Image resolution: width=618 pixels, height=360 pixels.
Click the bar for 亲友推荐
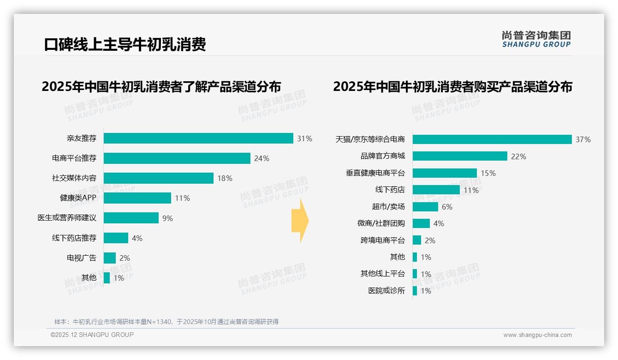pyautogui.click(x=198, y=138)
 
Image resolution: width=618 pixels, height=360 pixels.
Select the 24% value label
pyautogui.click(x=261, y=158)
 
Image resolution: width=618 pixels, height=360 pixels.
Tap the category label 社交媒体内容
pyautogui.click(x=74, y=178)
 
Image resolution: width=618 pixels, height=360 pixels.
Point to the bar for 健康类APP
pyautogui.click(x=137, y=198)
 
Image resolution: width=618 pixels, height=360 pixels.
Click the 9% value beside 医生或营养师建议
pyautogui.click(x=167, y=218)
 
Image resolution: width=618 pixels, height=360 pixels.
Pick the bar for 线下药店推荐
pyautogui.click(x=116, y=238)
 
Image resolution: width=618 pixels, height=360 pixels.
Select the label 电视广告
pyautogui.click(x=82, y=258)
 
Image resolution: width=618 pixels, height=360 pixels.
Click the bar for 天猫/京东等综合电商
pyautogui.click(x=492, y=139)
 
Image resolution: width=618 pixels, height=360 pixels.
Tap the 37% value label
pyautogui.click(x=583, y=139)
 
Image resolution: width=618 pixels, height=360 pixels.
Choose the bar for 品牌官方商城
pyautogui.click(x=460, y=156)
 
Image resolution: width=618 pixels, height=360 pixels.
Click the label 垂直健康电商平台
pyautogui.click(x=375, y=173)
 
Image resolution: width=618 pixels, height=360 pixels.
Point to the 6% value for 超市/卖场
pyautogui.click(x=447, y=207)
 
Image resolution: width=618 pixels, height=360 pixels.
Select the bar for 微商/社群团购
pyautogui.click(x=421, y=223)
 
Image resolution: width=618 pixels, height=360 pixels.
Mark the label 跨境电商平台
pyautogui.click(x=383, y=240)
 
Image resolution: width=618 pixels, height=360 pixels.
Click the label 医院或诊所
pyautogui.click(x=386, y=291)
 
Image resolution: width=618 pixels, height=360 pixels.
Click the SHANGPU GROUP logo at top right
pyautogui.click(x=536, y=39)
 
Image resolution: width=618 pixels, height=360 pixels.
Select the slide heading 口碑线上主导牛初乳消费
pyautogui.click(x=125, y=44)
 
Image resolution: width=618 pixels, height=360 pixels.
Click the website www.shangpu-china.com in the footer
pyautogui.click(x=537, y=335)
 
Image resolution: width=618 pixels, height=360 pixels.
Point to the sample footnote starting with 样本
pyautogui.click(x=166, y=322)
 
